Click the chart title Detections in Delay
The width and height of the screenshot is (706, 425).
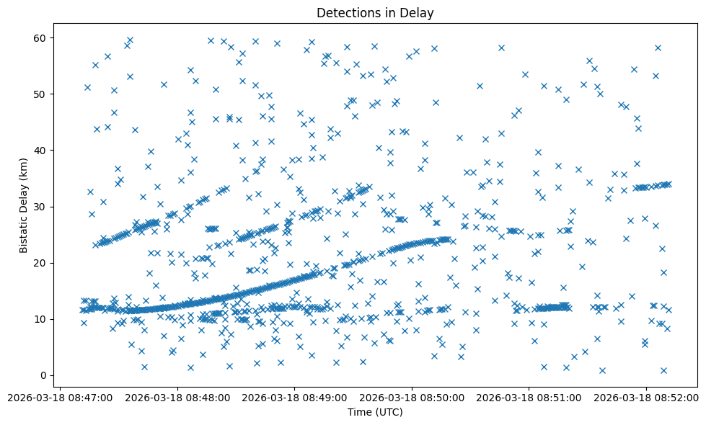375,13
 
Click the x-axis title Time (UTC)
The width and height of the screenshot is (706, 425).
375,412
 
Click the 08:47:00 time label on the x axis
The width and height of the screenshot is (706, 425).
60,397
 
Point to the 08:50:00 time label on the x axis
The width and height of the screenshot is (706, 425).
412,397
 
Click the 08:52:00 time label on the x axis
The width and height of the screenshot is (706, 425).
646,397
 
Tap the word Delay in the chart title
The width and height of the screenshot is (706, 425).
419,13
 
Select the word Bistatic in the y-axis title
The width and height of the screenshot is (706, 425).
24,232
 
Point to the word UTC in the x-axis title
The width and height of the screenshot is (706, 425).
387,412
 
